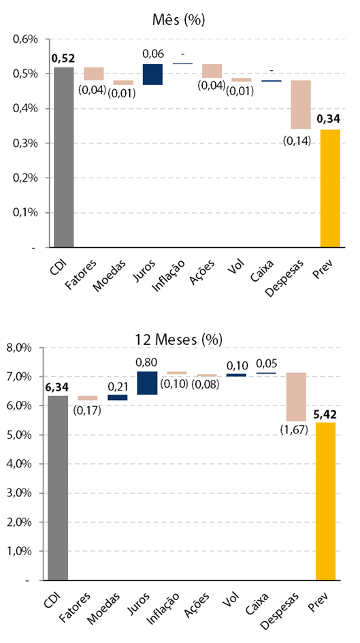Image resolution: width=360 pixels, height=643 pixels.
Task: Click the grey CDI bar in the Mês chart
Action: [63, 157]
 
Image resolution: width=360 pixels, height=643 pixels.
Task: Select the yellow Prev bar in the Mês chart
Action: [331, 188]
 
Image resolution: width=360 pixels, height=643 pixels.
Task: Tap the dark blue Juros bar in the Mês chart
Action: [152, 74]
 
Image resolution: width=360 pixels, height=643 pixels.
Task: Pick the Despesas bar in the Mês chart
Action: [301, 105]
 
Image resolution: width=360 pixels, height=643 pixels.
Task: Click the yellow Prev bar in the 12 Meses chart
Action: [325, 501]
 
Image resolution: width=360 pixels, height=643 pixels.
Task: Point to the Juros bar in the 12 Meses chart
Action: [147, 383]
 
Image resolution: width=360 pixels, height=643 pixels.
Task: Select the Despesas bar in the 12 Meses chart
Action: [296, 397]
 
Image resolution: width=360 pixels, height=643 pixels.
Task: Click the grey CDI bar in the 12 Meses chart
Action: [58, 488]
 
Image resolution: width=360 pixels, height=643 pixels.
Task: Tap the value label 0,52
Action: [63, 59]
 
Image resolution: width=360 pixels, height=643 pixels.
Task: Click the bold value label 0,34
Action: [329, 120]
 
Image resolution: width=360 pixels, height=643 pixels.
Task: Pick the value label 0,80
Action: [147, 363]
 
